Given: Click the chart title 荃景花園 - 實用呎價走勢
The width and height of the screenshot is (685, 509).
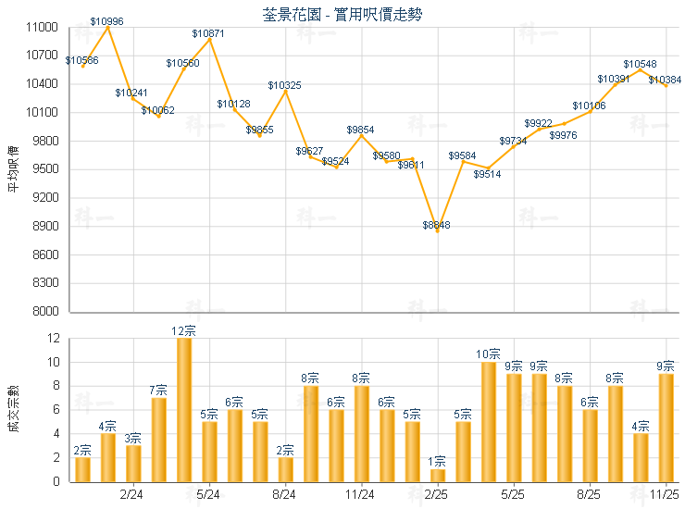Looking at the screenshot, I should pos(342,14).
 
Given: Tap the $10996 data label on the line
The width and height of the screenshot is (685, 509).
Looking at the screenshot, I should pos(107,20).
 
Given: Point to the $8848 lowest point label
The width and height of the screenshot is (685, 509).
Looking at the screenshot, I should pos(436,226).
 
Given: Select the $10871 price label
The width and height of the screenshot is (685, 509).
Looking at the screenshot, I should pos(208,33).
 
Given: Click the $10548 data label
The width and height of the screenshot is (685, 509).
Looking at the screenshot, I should pos(640,64).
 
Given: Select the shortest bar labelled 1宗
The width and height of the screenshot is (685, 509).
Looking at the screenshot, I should pos(438,476).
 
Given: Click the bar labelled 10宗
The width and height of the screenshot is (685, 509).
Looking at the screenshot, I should pos(489,422).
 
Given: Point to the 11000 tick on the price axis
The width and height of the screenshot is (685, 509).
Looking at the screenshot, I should pos(42,28).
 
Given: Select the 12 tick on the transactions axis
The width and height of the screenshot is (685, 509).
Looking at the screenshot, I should pos(52,339).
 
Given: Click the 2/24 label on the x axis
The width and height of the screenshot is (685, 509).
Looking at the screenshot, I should pos(132,494).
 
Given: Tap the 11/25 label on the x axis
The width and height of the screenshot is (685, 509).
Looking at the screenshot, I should pos(666,494).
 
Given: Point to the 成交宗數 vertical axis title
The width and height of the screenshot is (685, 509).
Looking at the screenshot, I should pos(12,409).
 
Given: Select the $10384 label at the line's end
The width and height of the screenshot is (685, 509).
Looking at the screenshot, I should pos(665,81).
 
